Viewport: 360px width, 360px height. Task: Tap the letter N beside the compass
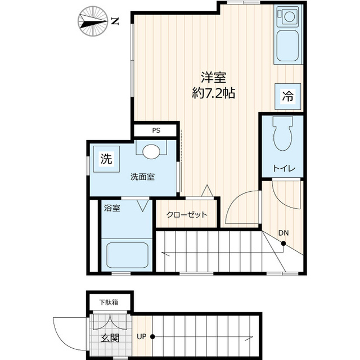pos(115,22)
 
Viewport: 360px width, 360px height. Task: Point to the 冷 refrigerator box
pos(287,95)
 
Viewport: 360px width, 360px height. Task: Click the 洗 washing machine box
pos(105,159)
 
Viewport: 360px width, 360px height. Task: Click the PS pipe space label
pos(156,130)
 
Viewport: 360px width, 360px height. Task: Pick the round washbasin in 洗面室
pos(151,151)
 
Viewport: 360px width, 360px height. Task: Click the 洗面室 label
pos(143,176)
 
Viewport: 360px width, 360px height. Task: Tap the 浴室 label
pos(112,208)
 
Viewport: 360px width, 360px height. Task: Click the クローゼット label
pos(187,214)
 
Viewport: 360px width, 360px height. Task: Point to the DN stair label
pos(284,233)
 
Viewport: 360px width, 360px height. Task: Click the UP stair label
pos(142,337)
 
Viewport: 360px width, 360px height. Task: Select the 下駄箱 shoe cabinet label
pos(109,302)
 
